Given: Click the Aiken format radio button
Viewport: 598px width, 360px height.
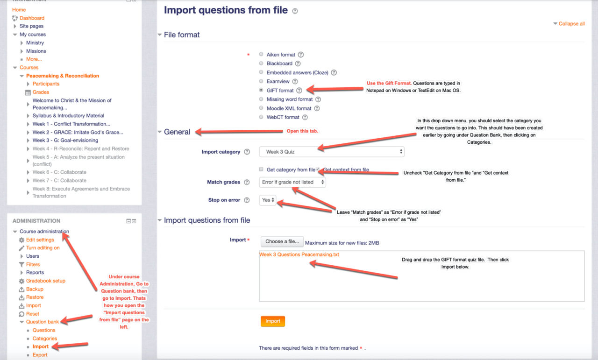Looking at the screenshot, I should coord(261,55).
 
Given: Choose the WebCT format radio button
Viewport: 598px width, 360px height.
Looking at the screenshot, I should coord(261,117).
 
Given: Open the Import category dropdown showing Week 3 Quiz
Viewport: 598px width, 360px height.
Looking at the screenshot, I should coord(332,152).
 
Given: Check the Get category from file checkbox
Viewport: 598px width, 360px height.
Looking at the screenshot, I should coord(261,169).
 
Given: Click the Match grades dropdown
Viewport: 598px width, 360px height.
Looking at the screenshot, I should coord(292,182).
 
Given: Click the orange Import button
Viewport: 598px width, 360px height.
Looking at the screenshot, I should coord(272,321).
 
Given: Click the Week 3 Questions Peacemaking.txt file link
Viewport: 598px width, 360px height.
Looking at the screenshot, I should coord(299,254).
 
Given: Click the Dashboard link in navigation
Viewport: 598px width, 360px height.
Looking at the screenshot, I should coord(32,18).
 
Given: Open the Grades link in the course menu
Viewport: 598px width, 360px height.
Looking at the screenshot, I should coord(41,92).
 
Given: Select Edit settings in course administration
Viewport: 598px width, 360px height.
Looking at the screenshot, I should coord(40,240).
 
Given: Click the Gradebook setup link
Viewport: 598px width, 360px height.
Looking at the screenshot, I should coord(45,281).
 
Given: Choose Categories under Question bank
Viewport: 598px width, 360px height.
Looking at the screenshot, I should coord(44,339).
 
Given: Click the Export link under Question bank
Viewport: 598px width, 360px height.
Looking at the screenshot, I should coord(40,355).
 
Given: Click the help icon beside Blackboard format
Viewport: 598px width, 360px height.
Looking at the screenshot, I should coord(298,64).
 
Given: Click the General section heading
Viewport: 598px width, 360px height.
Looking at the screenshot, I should coord(177,132).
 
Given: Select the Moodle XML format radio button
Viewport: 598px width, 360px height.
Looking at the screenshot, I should coord(261,108).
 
